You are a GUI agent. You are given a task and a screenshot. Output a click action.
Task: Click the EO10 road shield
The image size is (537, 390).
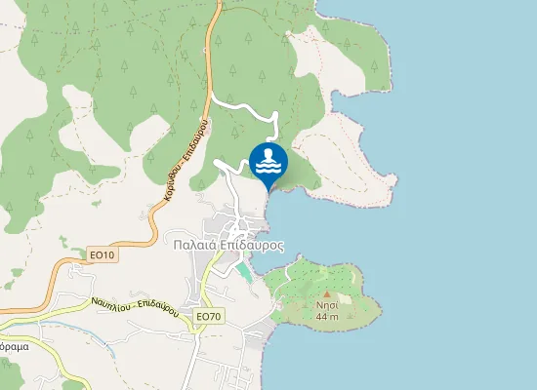coord(102,255)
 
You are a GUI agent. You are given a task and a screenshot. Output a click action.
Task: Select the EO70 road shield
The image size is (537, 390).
coord(209,316)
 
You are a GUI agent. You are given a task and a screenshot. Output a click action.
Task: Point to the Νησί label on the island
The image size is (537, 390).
coord(327,304)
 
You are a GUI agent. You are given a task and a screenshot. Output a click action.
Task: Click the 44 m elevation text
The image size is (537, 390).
coord(327,316)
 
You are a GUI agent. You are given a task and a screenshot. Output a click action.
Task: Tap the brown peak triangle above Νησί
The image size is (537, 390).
coord(327,293)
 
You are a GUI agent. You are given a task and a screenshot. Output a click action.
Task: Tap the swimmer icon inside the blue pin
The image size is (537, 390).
coord(268,161)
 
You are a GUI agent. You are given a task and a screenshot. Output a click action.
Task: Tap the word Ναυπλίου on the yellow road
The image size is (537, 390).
coord(112,301)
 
